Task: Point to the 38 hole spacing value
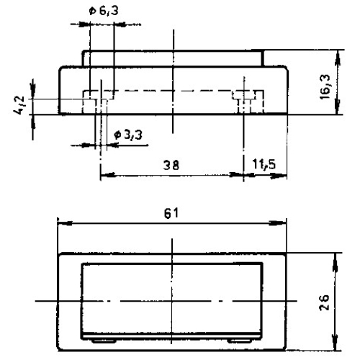coord(171,164)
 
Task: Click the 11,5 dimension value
coord(268,164)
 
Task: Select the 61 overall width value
coord(171,214)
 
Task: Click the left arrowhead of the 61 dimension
coord(62,223)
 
